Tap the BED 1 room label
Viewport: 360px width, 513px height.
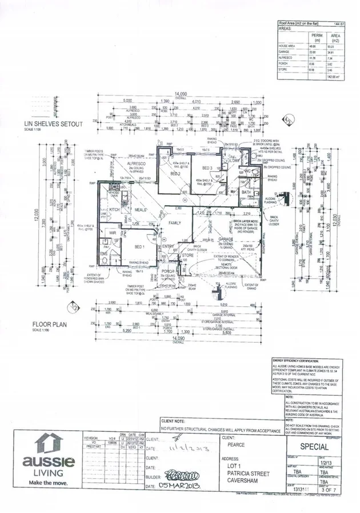pyautogui.click(x=139, y=246)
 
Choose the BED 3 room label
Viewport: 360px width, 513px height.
pyautogui.click(x=206, y=167)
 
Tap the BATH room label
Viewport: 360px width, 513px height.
pyautogui.click(x=246, y=193)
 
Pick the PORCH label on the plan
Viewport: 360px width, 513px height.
pyautogui.click(x=167, y=271)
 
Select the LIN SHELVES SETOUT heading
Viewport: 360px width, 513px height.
pyautogui.click(x=53, y=123)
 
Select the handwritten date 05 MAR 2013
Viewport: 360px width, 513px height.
pyautogui.click(x=182, y=485)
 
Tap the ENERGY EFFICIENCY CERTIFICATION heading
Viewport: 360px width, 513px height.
pyautogui.click(x=307, y=361)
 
